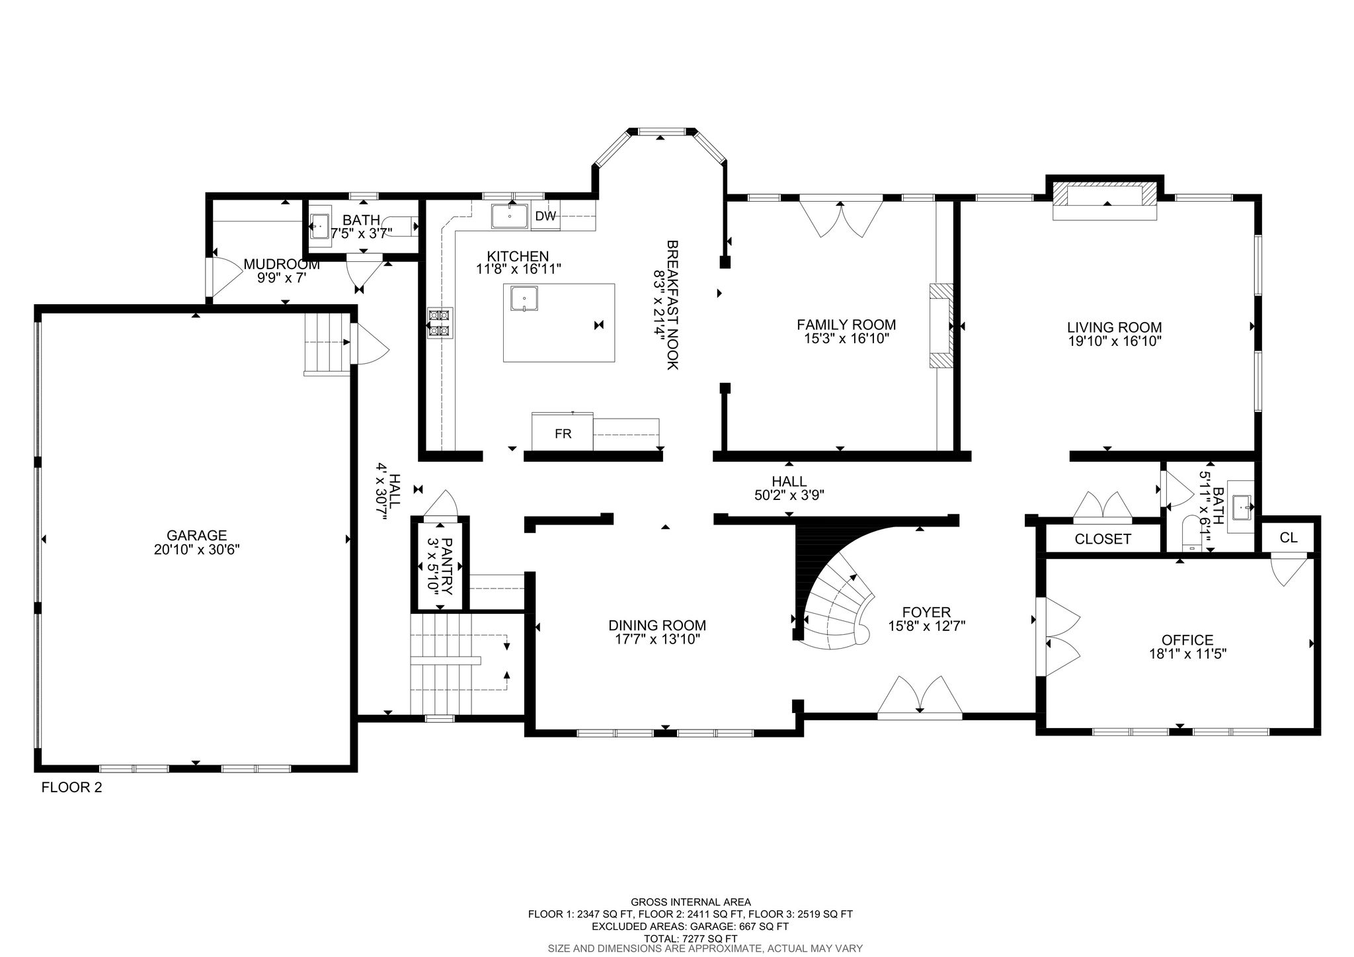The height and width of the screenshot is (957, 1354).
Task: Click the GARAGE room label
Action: tap(196, 535)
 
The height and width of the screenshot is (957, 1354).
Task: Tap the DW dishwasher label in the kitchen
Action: tap(545, 216)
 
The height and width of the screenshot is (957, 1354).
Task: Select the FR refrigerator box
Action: tap(563, 430)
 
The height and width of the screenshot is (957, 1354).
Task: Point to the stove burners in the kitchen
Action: tap(440, 323)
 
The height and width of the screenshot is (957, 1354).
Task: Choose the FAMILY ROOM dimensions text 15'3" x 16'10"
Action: tap(846, 339)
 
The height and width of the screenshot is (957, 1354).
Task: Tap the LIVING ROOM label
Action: tap(1114, 327)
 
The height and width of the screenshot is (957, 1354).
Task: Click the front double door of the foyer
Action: tap(920, 698)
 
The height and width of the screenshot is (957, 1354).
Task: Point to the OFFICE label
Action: tap(1187, 640)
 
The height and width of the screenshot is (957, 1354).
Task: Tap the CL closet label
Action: tap(1289, 538)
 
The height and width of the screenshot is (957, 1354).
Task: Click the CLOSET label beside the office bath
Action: tap(1103, 539)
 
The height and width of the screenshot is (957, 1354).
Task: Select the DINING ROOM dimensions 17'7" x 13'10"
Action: tap(657, 639)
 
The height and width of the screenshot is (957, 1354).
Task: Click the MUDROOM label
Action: tap(282, 265)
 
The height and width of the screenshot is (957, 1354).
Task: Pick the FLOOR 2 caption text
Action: tap(72, 787)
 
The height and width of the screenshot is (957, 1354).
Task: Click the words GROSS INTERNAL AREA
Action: tap(690, 901)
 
